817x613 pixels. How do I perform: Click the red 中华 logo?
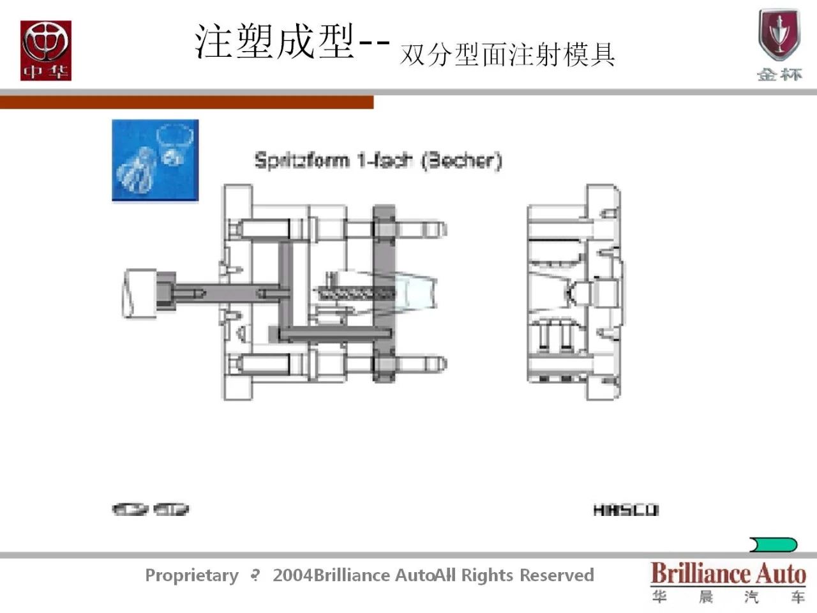(45, 50)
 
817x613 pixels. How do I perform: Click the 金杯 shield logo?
(779, 45)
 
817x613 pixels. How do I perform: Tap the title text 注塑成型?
(274, 42)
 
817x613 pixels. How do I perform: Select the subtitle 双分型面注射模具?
(507, 54)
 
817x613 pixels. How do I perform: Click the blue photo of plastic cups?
(155, 160)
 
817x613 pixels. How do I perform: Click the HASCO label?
(626, 510)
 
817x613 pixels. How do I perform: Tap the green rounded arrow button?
(774, 545)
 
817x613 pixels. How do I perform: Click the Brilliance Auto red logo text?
(728, 573)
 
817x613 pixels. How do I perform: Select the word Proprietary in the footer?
(191, 575)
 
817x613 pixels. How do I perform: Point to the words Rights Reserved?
(527, 575)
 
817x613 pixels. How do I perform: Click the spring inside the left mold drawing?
(355, 294)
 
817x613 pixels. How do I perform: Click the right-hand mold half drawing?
(573, 292)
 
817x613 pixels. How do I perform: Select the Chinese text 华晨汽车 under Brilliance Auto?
(728, 597)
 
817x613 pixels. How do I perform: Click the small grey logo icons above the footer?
(151, 510)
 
